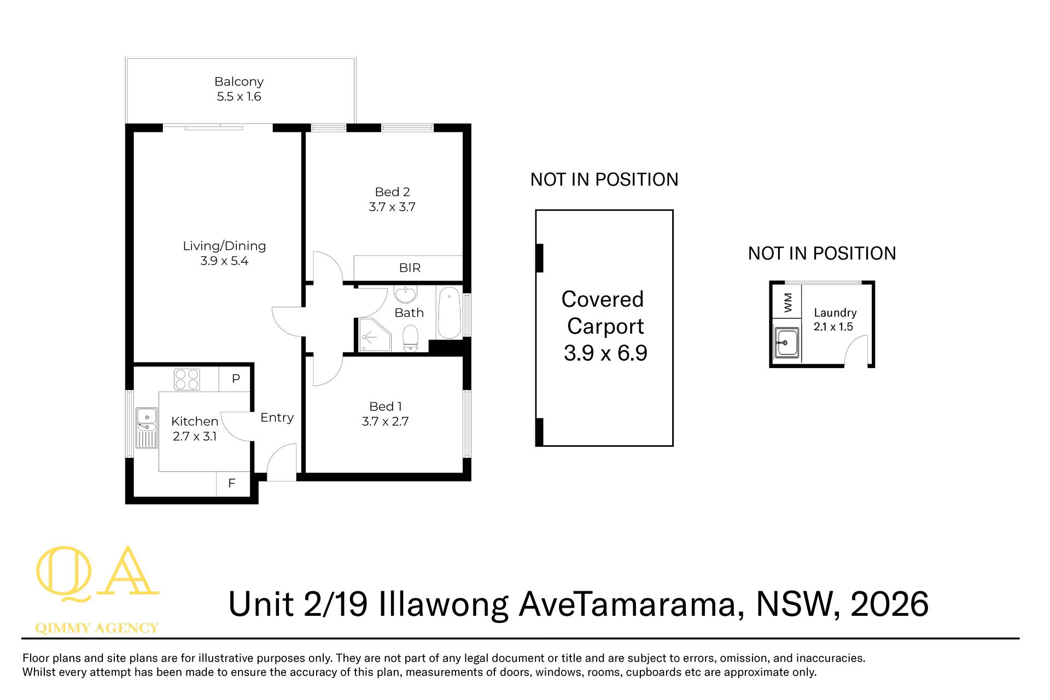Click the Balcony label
point(239,82)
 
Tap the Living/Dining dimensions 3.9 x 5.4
point(224,261)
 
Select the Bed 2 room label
point(392,192)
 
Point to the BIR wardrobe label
point(410,268)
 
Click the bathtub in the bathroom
point(450,313)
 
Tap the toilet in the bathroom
point(410,339)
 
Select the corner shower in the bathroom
point(374,334)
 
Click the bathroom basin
point(405,294)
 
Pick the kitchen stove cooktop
point(187,379)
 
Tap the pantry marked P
point(236,378)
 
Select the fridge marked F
point(232,483)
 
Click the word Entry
point(277,417)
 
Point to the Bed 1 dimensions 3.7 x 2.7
point(385,422)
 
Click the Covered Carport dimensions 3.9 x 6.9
point(605,353)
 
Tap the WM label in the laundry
point(787,302)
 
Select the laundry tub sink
point(787,342)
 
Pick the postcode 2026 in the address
point(889,604)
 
